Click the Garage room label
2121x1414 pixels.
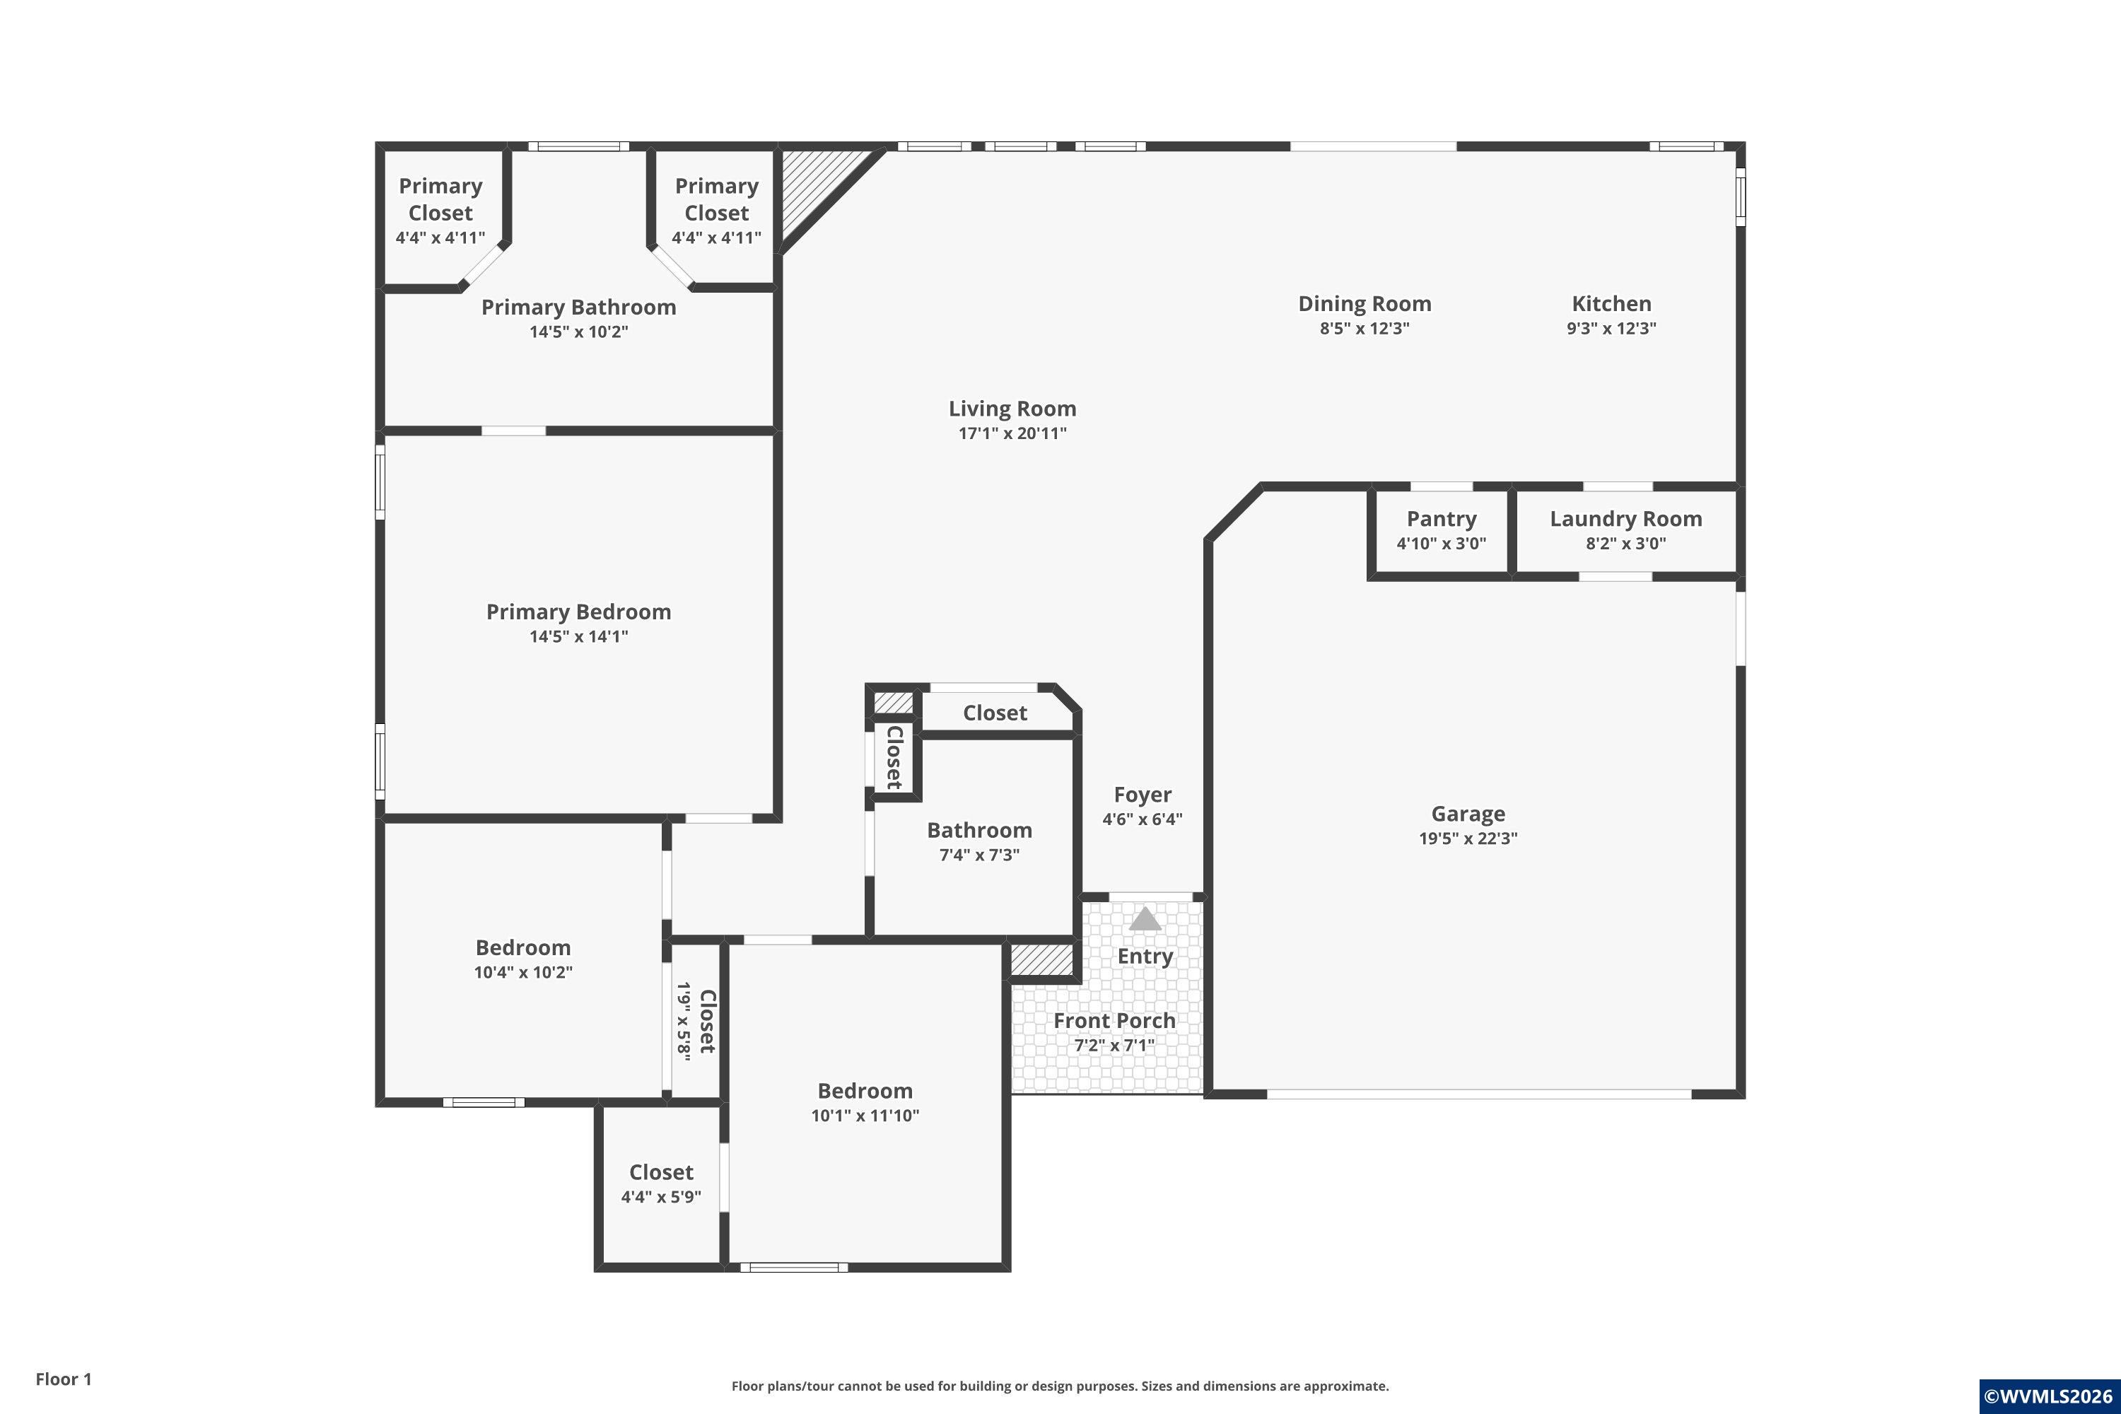(x=1468, y=814)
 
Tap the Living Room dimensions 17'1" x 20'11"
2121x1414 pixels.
(x=1012, y=433)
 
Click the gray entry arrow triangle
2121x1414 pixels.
(x=1145, y=919)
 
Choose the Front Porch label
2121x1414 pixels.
(x=1115, y=1020)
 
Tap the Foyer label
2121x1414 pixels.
(x=1143, y=795)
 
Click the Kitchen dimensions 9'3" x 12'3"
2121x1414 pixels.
(x=1611, y=328)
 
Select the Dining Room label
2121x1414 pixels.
(x=1365, y=304)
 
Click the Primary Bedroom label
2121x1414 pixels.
(x=578, y=612)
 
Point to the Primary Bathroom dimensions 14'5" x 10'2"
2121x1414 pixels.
(x=578, y=332)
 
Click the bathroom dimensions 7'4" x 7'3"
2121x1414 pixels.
(x=979, y=855)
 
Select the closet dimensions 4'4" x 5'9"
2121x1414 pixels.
(x=661, y=1197)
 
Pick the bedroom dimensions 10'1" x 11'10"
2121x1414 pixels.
(x=865, y=1116)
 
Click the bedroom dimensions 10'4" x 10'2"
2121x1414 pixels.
(x=523, y=972)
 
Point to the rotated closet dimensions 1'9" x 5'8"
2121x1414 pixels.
(x=684, y=1022)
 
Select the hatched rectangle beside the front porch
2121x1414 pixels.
(x=1041, y=959)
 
